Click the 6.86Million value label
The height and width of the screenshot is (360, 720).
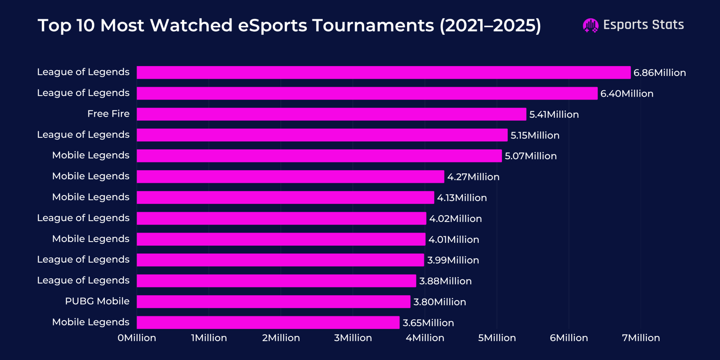(x=660, y=73)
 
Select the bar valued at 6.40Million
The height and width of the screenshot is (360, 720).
(x=367, y=94)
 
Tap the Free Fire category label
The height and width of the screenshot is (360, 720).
(x=108, y=114)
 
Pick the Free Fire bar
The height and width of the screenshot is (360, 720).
(x=331, y=114)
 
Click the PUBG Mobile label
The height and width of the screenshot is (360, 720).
(x=97, y=301)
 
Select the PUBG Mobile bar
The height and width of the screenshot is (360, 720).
(x=274, y=302)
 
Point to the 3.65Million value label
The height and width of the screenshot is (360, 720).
(x=428, y=323)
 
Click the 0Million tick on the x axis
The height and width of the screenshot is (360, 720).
(x=137, y=338)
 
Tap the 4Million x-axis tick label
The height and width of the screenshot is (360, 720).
(x=425, y=338)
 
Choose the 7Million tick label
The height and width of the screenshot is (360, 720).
(x=641, y=338)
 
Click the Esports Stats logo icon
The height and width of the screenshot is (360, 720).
(x=590, y=25)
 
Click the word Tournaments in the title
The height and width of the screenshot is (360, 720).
(x=373, y=26)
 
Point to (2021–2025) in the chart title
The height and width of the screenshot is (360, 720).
(x=490, y=26)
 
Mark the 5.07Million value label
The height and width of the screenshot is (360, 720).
(x=531, y=156)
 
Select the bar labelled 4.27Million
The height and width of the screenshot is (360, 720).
(x=290, y=177)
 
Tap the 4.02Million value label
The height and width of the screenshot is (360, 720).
(x=455, y=219)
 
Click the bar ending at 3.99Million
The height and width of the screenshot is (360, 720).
(x=280, y=260)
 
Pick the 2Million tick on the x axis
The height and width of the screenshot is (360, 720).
(x=281, y=338)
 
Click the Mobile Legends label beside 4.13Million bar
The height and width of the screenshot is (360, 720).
(x=91, y=197)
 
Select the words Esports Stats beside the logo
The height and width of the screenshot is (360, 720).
(x=643, y=25)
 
